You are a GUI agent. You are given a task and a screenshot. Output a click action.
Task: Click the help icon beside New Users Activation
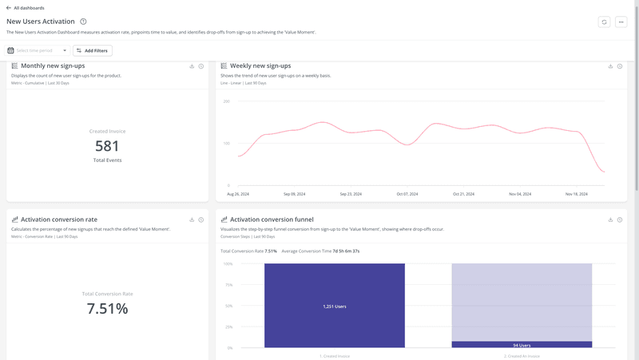pyautogui.click(x=83, y=22)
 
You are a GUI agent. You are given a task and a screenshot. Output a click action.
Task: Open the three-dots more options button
pyautogui.click(x=621, y=22)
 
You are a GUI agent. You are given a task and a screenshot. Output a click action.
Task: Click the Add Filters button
pyautogui.click(x=92, y=50)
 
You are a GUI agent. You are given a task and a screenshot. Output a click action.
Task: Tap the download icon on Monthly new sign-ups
pyautogui.click(x=192, y=66)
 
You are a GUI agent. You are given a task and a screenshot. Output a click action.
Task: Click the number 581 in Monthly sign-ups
pyautogui.click(x=107, y=146)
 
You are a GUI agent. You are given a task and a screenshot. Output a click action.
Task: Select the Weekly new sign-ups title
pyautogui.click(x=260, y=65)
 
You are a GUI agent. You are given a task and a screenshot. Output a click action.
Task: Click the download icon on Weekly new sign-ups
pyautogui.click(x=610, y=66)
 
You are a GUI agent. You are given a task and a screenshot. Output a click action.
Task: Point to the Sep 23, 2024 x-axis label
pyautogui.click(x=351, y=194)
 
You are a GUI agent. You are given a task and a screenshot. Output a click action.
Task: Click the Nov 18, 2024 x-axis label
pyautogui.click(x=577, y=194)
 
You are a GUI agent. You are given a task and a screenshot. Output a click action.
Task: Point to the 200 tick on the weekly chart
pyautogui.click(x=226, y=101)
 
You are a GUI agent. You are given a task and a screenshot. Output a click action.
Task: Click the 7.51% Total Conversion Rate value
pyautogui.click(x=107, y=309)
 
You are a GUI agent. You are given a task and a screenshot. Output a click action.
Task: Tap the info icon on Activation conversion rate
pyautogui.click(x=201, y=220)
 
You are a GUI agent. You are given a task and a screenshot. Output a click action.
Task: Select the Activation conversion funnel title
pyautogui.click(x=272, y=220)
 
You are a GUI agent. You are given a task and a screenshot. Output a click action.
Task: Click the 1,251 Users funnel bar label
pyautogui.click(x=335, y=307)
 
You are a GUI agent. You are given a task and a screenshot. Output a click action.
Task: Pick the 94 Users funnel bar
pyautogui.click(x=522, y=345)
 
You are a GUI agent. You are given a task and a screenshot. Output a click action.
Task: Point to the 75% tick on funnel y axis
pyautogui.click(x=228, y=285)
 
